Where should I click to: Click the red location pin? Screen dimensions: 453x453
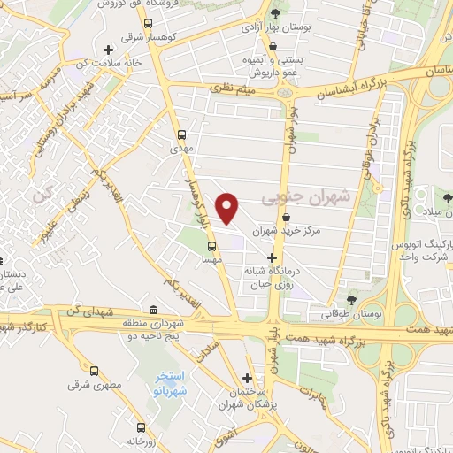pyautogui.click(x=228, y=209)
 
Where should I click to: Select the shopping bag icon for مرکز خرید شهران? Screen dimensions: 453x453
pyautogui.click(x=285, y=217)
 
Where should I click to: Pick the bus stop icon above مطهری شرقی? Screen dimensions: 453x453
pyautogui.click(x=96, y=371)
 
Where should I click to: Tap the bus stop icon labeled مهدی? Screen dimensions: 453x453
pyautogui.click(x=182, y=135)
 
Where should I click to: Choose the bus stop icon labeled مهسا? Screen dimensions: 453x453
pyautogui.click(x=211, y=247)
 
